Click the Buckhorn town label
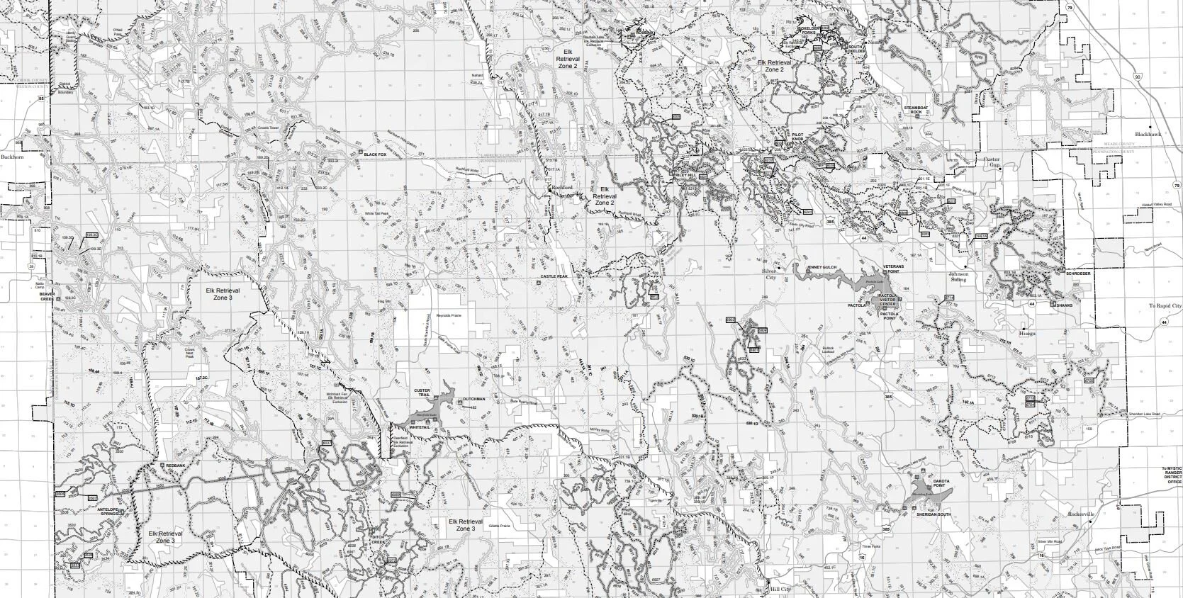(12, 157)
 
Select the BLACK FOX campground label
(376, 154)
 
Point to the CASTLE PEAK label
(554, 276)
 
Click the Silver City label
(771, 274)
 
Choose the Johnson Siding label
(960, 276)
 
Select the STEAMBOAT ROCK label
(919, 110)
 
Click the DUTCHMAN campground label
(474, 400)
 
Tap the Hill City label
(780, 588)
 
